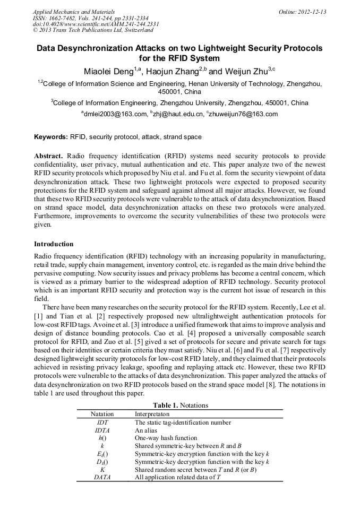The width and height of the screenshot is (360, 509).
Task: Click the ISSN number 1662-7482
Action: click(x=64, y=18)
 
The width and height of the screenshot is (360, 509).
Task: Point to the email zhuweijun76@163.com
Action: click(x=244, y=114)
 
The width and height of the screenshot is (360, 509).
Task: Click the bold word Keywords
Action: click(x=50, y=137)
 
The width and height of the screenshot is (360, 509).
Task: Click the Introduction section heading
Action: click(x=54, y=244)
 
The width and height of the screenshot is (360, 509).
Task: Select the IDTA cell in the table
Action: click(x=102, y=430)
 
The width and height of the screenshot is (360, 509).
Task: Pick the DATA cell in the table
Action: click(x=102, y=478)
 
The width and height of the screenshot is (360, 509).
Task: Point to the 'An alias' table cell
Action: click(x=146, y=430)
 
